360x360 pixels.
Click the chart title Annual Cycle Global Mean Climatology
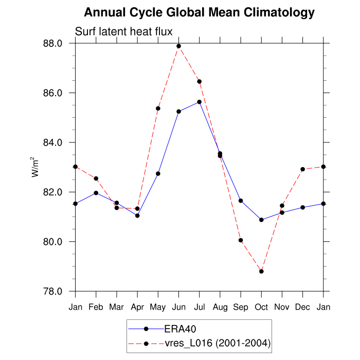point(199,12)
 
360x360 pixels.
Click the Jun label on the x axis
point(178,307)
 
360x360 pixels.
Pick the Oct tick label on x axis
point(261,307)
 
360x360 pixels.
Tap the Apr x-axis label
point(137,307)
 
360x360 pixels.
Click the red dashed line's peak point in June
point(178,46)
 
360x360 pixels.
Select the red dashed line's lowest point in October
point(261,271)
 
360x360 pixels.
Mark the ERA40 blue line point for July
point(199,102)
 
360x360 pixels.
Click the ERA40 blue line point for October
point(261,220)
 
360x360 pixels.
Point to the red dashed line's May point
point(158,109)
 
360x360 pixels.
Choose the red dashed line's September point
point(241,240)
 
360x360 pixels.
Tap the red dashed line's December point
point(302,169)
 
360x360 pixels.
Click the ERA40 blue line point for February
point(96,193)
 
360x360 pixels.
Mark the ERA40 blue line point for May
point(158,173)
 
